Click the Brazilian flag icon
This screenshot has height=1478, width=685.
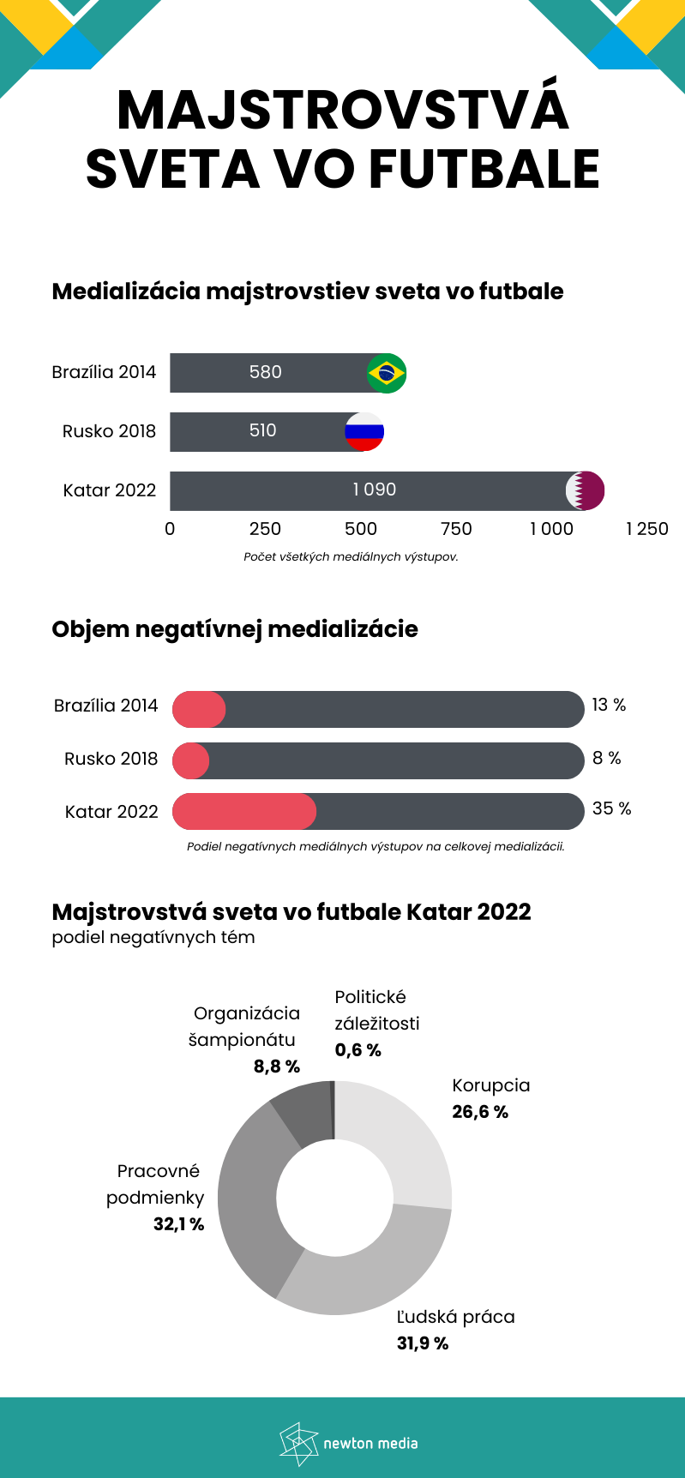pos(386,373)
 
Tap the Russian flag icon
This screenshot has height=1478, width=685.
pos(364,431)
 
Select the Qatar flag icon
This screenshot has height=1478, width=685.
pos(585,490)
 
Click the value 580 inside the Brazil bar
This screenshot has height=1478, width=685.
pos(265,372)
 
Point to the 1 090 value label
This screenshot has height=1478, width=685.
pos(375,490)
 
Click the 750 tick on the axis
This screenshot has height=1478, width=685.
pos(456,529)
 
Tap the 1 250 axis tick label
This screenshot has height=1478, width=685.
pos(646,529)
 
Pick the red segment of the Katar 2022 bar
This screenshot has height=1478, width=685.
pos(244,811)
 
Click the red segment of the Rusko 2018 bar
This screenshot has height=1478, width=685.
pos(190,760)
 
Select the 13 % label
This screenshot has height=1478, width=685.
pos(609,705)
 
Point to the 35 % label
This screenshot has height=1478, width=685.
pos(611,808)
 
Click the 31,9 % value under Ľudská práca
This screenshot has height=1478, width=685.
pos(423,1343)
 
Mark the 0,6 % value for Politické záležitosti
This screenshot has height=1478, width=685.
pos(358,1050)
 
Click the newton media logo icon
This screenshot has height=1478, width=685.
pos(298,1443)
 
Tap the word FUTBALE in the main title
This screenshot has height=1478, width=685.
pos(484,169)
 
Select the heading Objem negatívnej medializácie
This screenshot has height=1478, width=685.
pos(235,629)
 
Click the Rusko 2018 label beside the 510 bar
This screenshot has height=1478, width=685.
pos(109,431)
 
